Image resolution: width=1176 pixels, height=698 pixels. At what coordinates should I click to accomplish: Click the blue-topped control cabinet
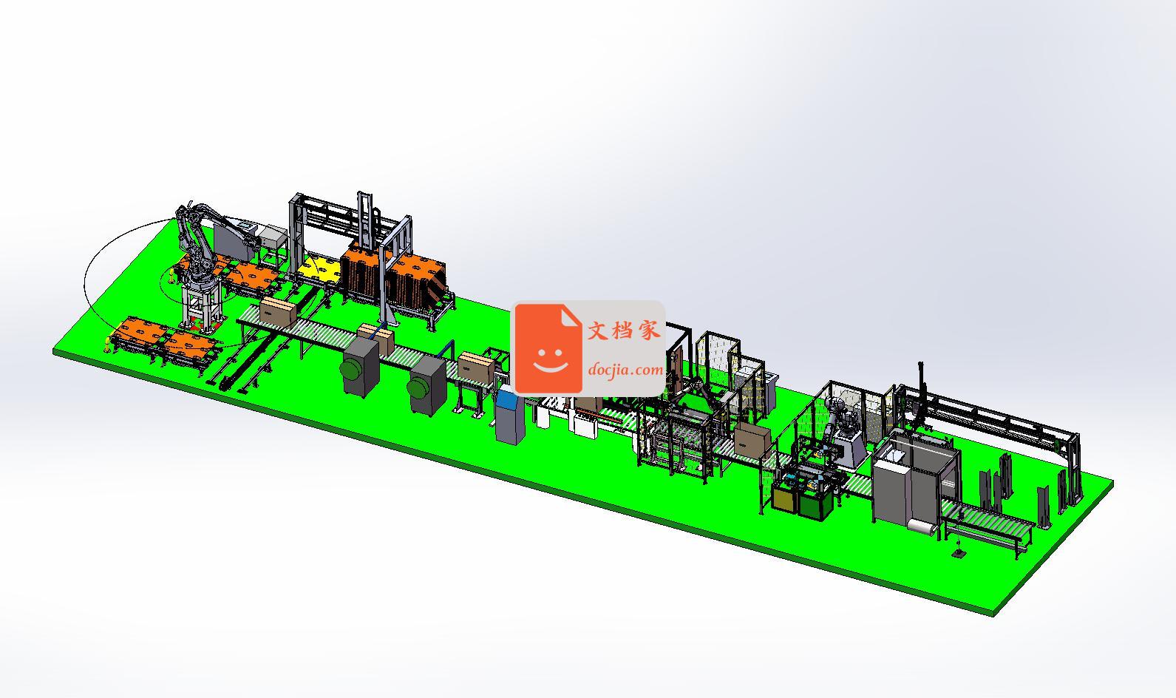click(510, 415)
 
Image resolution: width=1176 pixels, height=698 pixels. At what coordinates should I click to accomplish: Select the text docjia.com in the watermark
click(625, 370)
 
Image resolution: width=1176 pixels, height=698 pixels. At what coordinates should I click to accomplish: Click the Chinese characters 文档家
click(624, 331)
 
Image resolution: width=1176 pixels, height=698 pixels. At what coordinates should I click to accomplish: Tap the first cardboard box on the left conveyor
click(278, 311)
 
